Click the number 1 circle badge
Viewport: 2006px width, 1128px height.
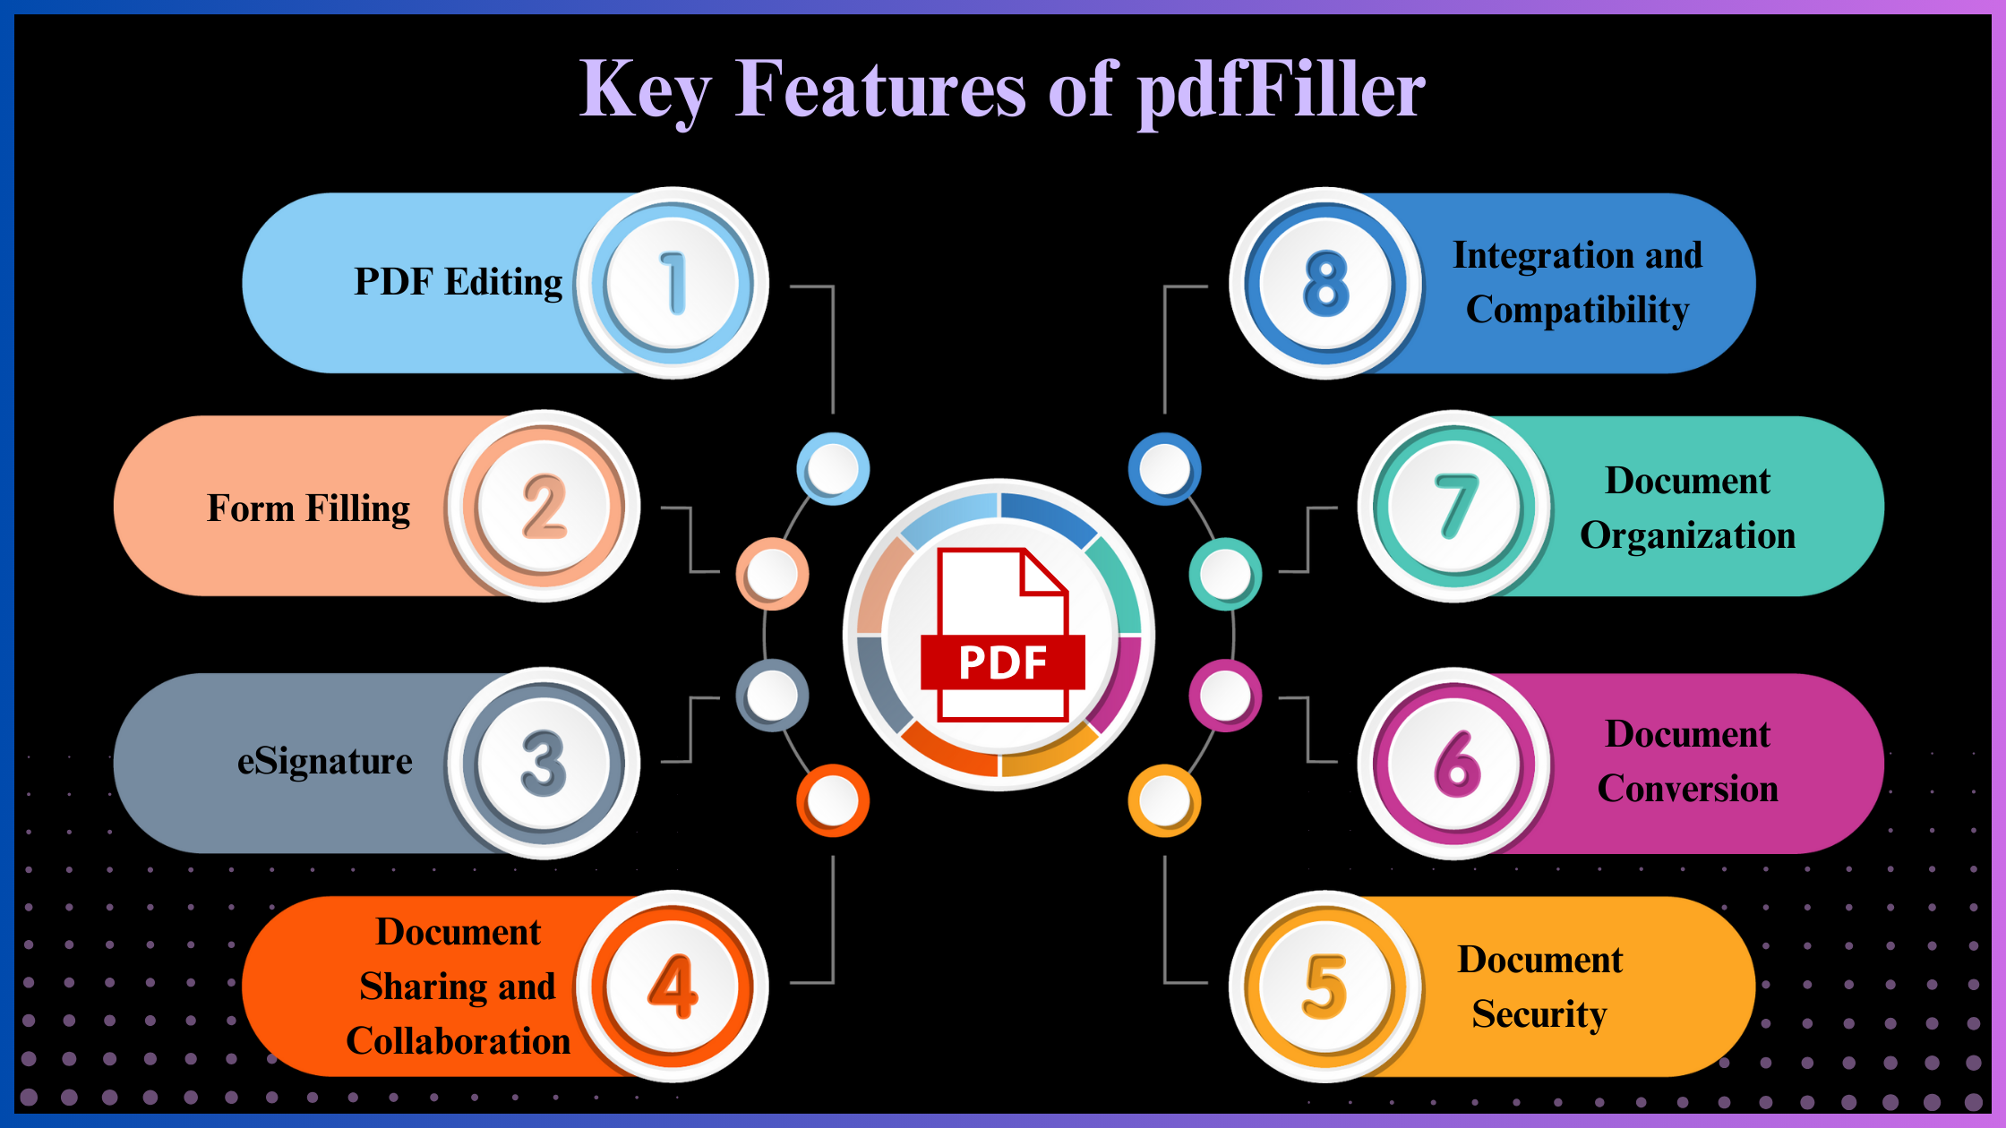pos(672,284)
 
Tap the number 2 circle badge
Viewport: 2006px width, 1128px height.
pos(544,507)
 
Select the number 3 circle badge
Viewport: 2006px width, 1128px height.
pos(544,764)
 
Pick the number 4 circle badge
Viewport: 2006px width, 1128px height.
pos(672,987)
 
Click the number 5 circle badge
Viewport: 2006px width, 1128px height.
pos(1326,987)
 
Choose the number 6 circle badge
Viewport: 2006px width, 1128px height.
pos(1455,764)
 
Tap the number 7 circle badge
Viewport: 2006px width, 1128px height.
pos(1455,507)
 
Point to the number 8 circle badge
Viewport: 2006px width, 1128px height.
pos(1326,284)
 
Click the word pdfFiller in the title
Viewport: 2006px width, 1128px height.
pos(1282,90)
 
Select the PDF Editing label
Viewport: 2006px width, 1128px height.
pos(459,282)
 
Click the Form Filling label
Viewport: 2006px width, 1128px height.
pos(309,508)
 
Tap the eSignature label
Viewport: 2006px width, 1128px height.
pos(325,762)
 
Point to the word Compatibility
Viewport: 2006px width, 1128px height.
pos(1577,310)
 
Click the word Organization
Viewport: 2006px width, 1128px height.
pos(1688,535)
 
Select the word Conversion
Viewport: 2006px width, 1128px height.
pos(1688,789)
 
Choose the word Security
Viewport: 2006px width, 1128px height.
pos(1539,1014)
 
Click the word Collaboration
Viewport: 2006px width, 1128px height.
pos(459,1041)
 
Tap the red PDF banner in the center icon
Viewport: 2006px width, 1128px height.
pos(1003,662)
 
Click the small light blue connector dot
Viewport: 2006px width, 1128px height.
pos(833,468)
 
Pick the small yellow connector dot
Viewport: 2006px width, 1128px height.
pos(1164,800)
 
